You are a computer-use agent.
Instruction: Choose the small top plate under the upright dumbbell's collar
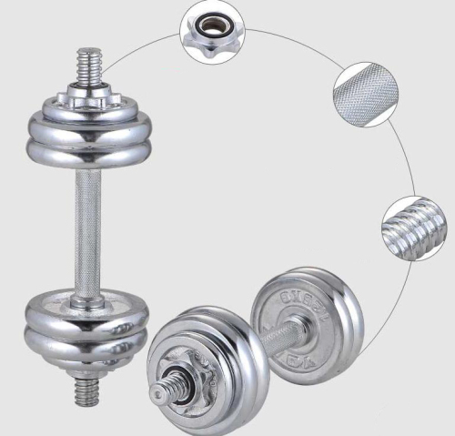click(x=86, y=106)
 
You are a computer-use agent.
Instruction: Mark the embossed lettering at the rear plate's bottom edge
click(x=304, y=358)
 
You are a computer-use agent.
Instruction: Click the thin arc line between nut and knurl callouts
click(x=291, y=41)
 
